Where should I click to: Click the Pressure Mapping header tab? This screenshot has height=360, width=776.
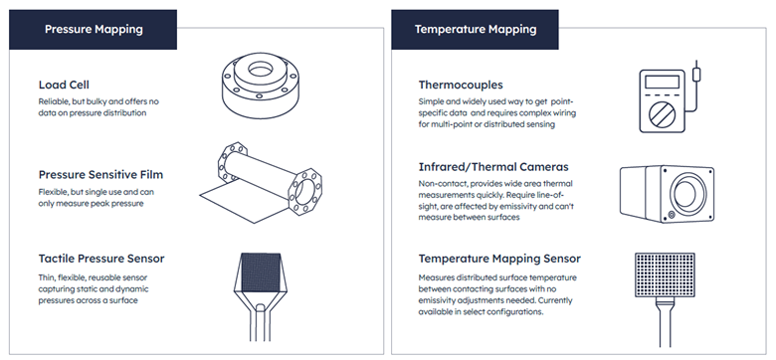(x=94, y=29)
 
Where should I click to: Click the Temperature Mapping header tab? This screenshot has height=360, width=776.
(x=476, y=29)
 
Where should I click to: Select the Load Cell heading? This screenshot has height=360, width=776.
(x=64, y=86)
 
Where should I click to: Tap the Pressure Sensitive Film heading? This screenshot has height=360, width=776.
(x=100, y=175)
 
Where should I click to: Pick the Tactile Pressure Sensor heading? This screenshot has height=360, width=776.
(x=101, y=259)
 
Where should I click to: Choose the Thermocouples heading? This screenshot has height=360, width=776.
(x=461, y=86)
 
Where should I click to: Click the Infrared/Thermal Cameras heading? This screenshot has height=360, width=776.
(x=493, y=167)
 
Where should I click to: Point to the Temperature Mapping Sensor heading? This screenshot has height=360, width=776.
(x=499, y=259)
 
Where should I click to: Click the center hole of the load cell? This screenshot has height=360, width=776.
(x=259, y=70)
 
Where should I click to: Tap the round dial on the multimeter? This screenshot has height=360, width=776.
(x=663, y=114)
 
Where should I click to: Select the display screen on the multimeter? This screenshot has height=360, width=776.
(x=663, y=82)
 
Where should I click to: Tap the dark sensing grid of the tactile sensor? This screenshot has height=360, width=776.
(x=261, y=271)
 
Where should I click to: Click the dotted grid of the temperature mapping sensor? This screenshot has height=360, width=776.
(x=665, y=274)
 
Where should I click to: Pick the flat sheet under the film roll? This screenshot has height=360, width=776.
(x=244, y=204)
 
